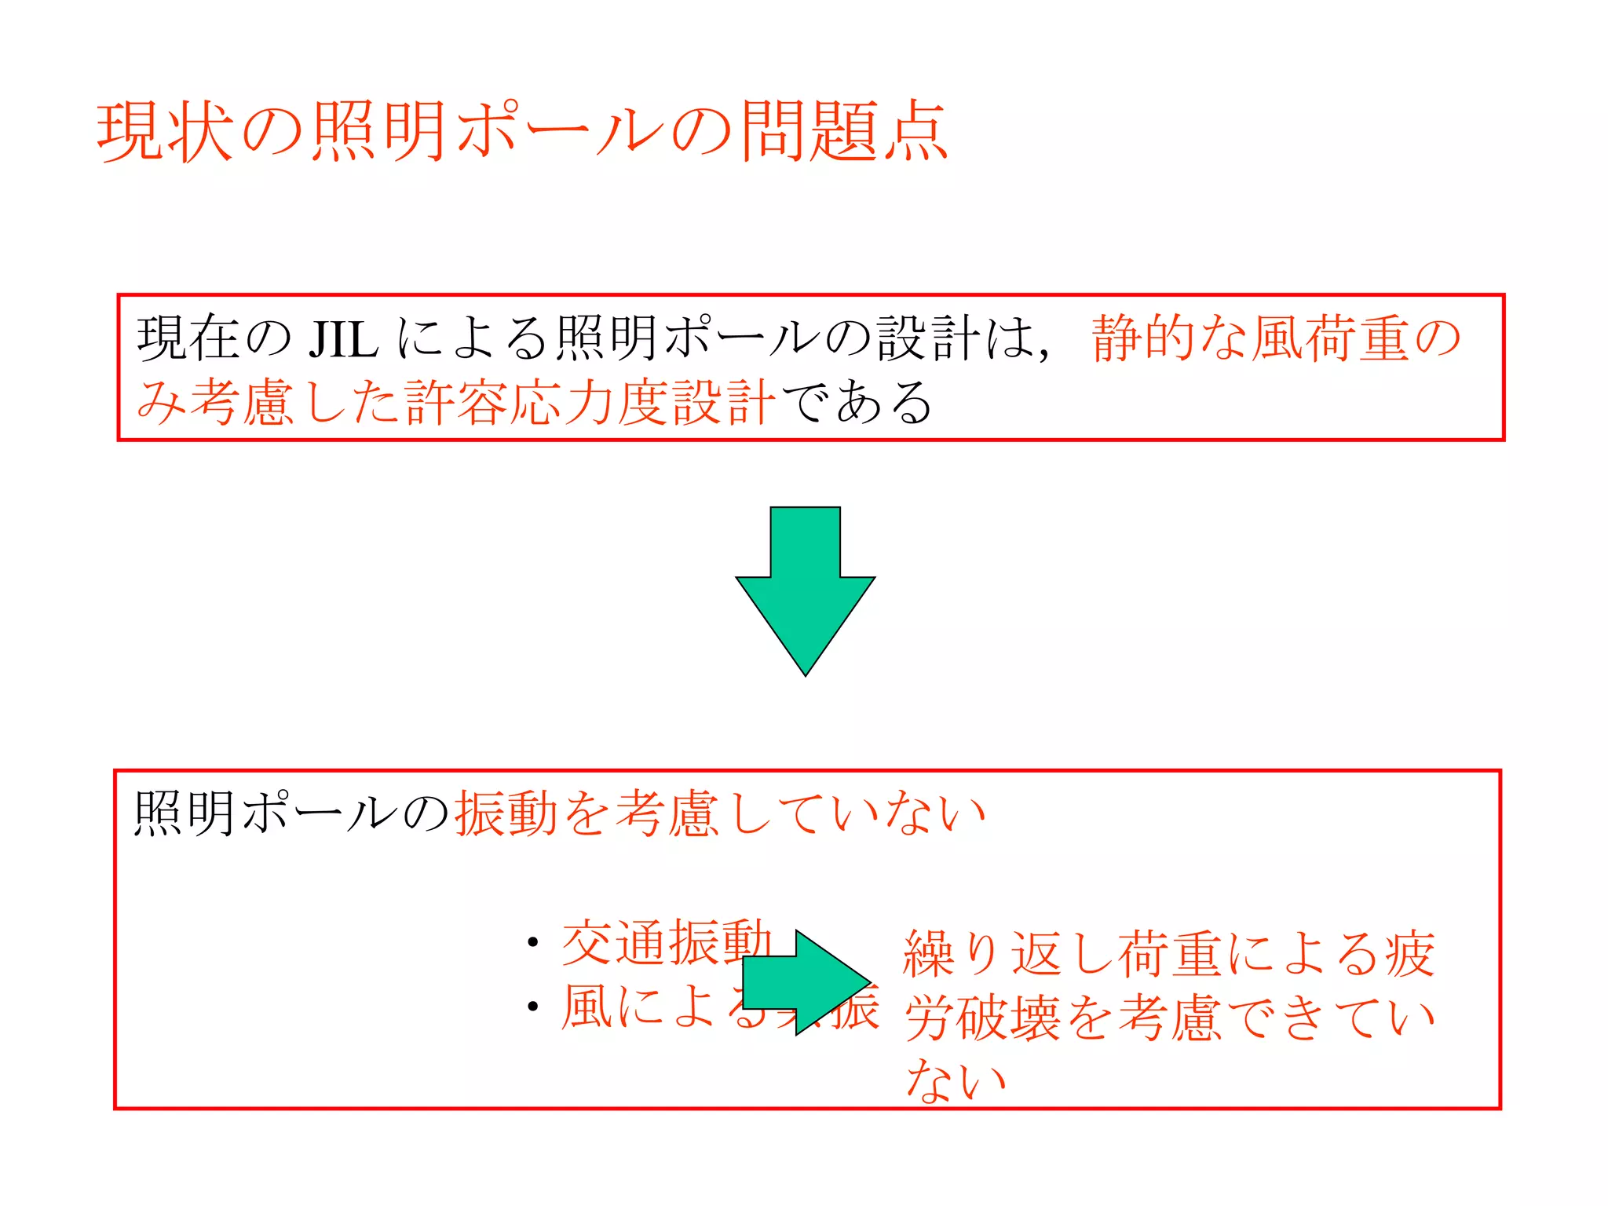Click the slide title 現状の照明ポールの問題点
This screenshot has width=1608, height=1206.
tap(522, 132)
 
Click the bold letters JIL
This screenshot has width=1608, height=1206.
tap(343, 340)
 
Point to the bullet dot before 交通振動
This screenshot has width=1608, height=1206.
tap(533, 943)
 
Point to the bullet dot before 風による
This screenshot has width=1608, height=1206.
tap(533, 1007)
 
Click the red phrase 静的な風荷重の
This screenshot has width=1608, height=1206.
tap(1276, 339)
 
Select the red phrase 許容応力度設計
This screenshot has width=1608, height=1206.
tap(590, 403)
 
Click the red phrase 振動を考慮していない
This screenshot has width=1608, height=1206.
tap(719, 814)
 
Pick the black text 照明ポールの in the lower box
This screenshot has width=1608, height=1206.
tap(291, 814)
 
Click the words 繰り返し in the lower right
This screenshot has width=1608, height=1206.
tap(1008, 955)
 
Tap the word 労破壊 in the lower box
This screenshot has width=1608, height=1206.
tap(982, 1018)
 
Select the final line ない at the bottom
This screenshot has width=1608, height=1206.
tap(956, 1080)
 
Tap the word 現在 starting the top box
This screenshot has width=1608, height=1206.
tap(188, 340)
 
